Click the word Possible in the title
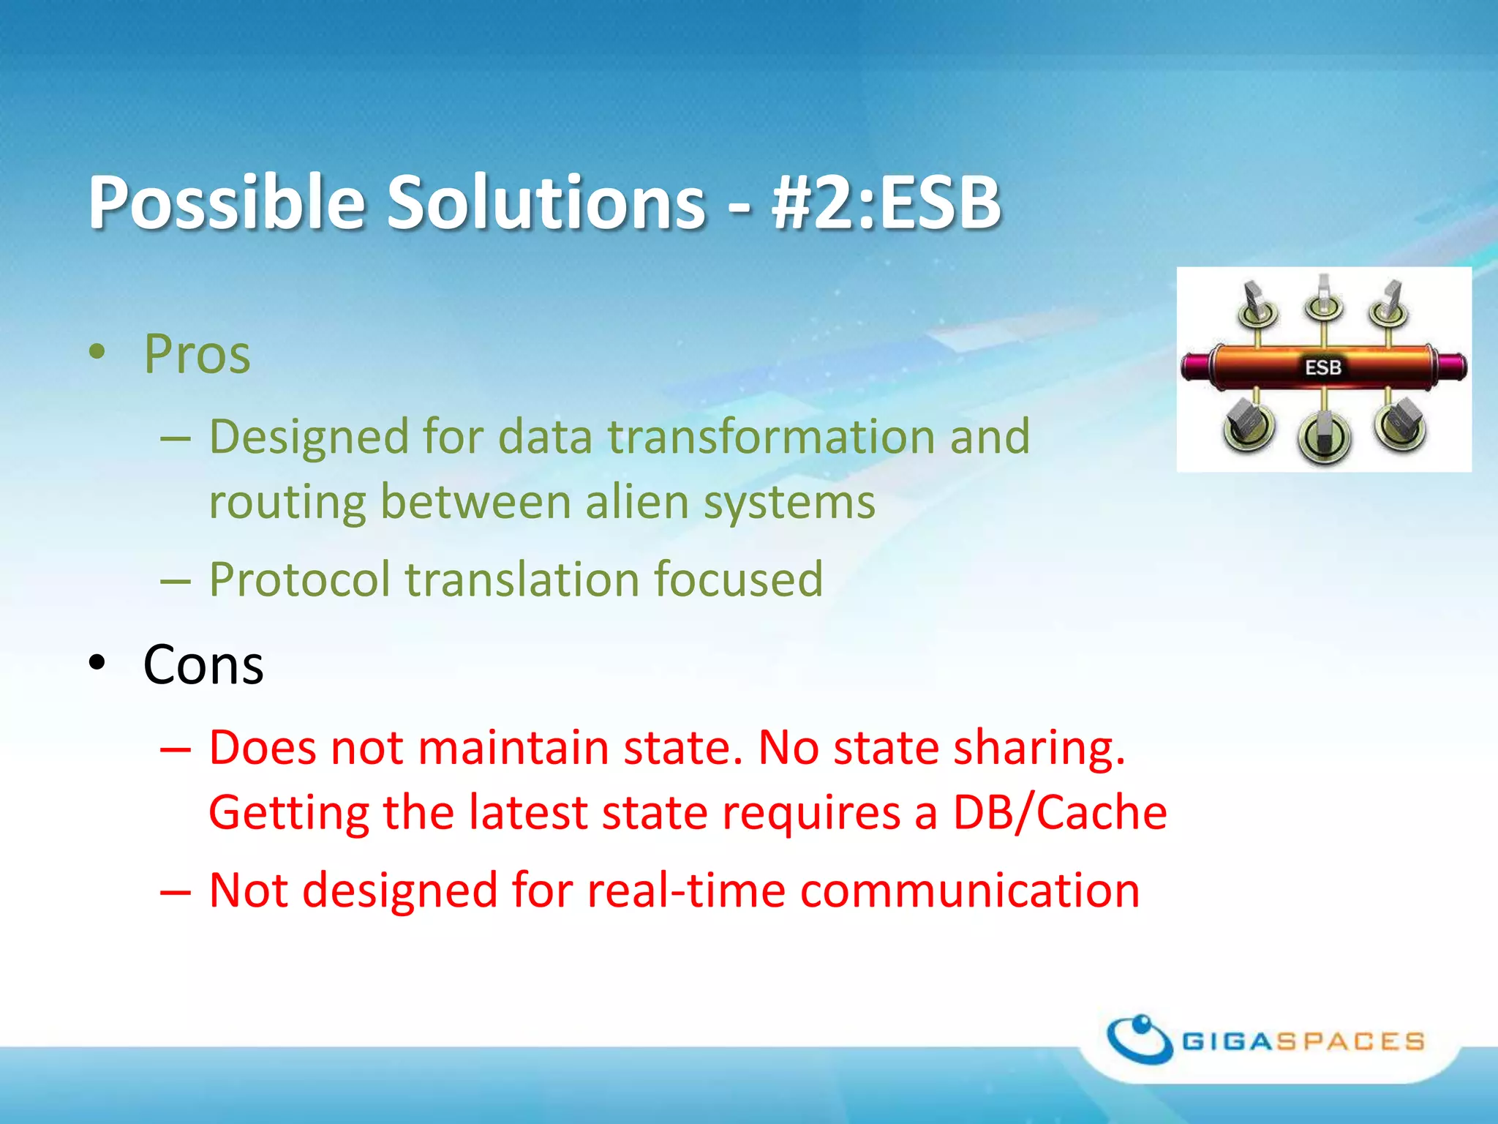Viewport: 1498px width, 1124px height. pos(226,203)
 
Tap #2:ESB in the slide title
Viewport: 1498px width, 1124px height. pos(886,203)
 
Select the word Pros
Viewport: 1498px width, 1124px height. pos(197,354)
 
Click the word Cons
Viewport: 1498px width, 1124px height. pos(203,665)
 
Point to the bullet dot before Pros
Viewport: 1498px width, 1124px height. pos(97,353)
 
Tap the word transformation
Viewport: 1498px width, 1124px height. pos(771,437)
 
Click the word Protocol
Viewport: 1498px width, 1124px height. pos(300,580)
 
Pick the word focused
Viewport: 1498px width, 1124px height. pos(738,580)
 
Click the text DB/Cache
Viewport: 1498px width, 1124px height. pos(1059,813)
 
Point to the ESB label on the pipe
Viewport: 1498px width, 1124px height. pos(1323,367)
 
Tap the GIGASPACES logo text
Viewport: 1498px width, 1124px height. pos(1303,1041)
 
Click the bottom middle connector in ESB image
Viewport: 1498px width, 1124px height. pos(1323,435)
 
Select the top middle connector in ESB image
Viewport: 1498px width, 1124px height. pos(1323,300)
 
